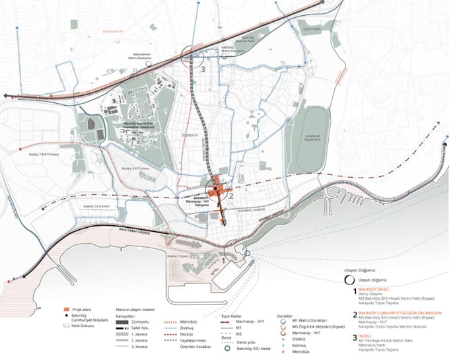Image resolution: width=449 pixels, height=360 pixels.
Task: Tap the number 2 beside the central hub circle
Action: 232,194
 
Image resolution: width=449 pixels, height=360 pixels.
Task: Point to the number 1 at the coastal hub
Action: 224,260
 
